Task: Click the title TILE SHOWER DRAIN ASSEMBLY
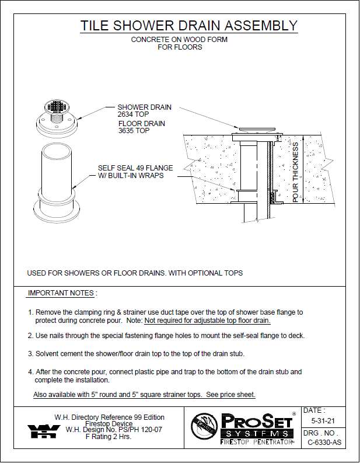point(188,26)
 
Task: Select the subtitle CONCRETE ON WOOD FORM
point(179,40)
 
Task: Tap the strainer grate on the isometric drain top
point(58,107)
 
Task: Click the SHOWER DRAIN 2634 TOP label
point(145,111)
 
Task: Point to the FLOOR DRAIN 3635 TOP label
point(142,127)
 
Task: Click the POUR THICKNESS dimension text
point(296,173)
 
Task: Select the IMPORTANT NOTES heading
point(62,293)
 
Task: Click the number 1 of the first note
point(31,312)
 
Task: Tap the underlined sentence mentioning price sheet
point(145,395)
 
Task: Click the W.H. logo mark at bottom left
point(43,431)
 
